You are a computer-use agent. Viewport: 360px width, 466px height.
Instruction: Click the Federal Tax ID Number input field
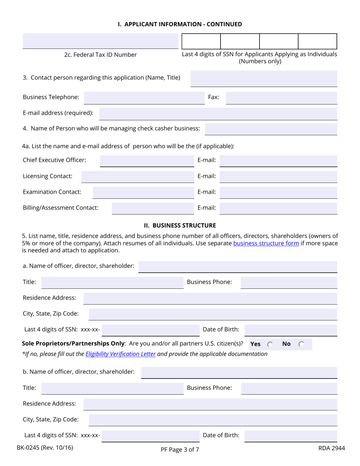click(x=100, y=41)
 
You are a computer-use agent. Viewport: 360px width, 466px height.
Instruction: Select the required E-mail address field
click(x=218, y=113)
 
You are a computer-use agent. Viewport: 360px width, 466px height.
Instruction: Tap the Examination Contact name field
click(x=143, y=192)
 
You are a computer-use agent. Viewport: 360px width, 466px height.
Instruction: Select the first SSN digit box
click(x=202, y=41)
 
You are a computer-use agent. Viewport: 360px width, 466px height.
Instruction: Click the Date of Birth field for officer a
click(x=291, y=330)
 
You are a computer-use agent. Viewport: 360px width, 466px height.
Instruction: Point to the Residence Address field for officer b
click(x=210, y=404)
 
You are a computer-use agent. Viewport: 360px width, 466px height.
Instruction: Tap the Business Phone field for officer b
click(x=289, y=388)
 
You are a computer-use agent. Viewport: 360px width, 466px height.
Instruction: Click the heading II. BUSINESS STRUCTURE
click(x=180, y=226)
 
